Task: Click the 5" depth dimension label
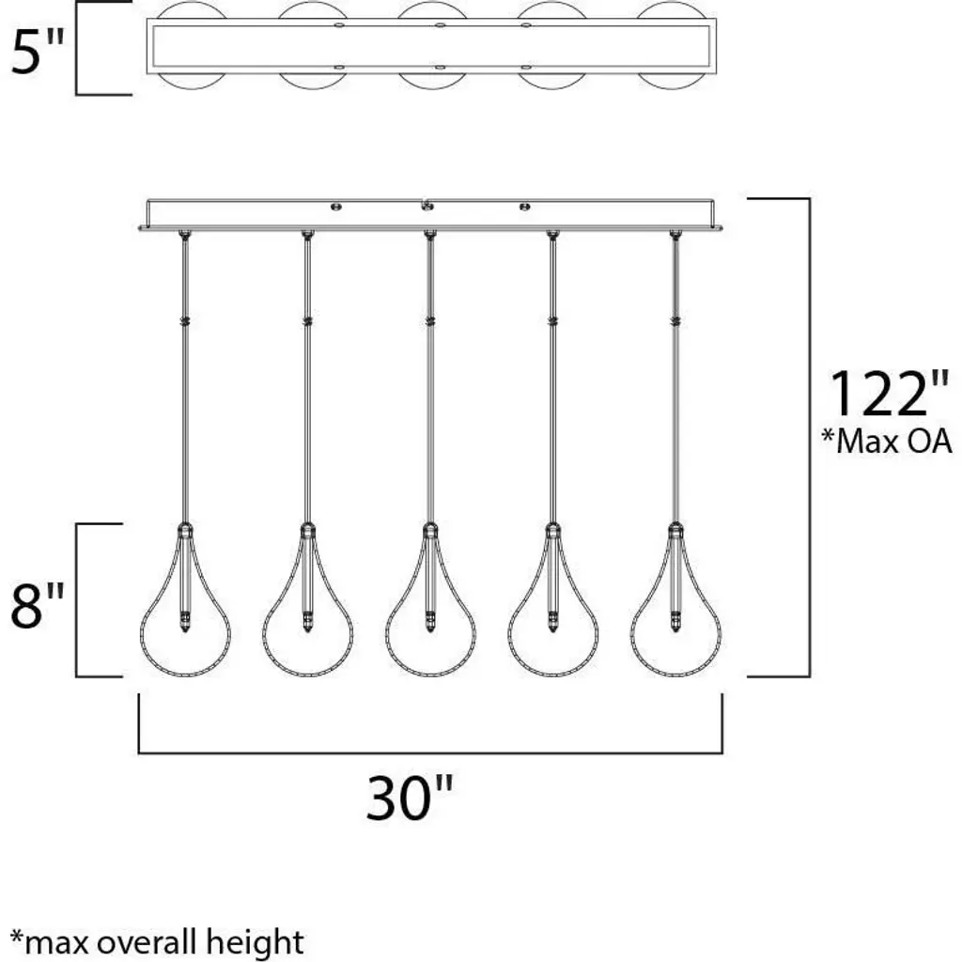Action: [x=38, y=53]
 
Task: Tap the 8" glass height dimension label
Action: [x=38, y=606]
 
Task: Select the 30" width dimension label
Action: [x=410, y=798]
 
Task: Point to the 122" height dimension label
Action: [x=888, y=394]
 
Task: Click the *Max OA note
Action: [x=887, y=441]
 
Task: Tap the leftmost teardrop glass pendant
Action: [x=185, y=600]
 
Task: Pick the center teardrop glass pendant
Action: [x=430, y=600]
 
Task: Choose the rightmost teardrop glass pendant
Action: [x=675, y=600]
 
